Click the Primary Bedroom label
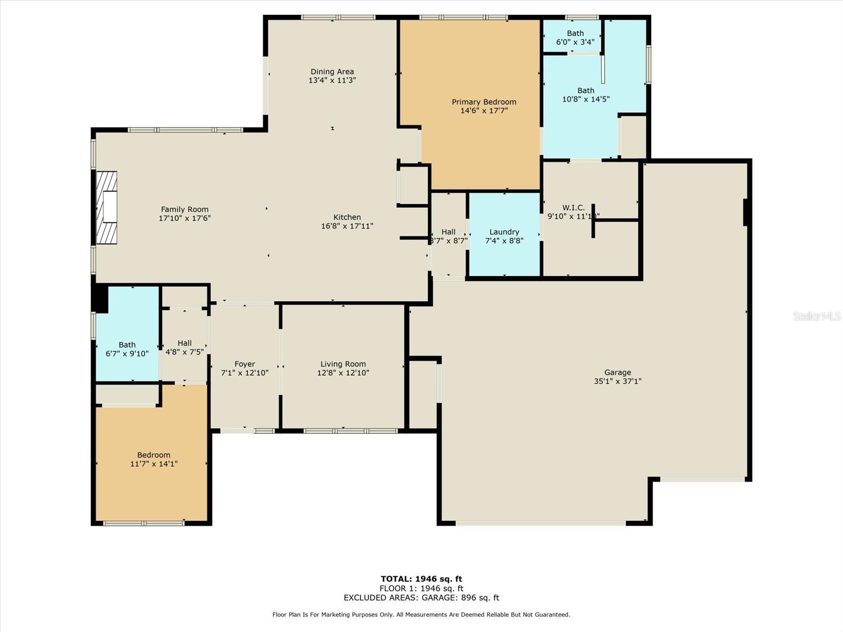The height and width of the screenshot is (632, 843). coord(484,102)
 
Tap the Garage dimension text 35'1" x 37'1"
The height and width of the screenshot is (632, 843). coord(617,381)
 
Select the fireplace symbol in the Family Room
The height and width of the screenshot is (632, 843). coord(106,208)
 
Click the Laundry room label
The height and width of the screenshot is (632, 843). coord(504,232)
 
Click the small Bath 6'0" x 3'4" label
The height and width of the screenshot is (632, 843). coord(575,33)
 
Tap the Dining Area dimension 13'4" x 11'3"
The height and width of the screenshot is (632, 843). coord(332,81)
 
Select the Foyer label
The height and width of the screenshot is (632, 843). coord(244,364)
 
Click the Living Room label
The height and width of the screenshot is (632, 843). coord(343,364)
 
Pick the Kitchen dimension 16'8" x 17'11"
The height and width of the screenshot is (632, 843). coord(347,226)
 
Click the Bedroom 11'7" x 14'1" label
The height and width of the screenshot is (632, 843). coord(154,455)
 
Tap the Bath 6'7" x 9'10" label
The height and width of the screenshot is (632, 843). coord(127,345)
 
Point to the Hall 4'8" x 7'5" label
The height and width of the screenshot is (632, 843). coord(184,343)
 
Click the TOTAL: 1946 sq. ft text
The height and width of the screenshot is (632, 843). coord(421,579)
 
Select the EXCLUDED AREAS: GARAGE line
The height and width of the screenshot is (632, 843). coord(421,598)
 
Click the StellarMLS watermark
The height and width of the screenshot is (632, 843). coord(817,316)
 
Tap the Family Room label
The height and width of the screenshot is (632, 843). coord(184,209)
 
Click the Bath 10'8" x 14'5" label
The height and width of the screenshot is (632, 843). coord(585,91)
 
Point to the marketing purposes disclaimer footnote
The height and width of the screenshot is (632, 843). coord(421,615)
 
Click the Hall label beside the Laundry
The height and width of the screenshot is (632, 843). coord(448,232)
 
